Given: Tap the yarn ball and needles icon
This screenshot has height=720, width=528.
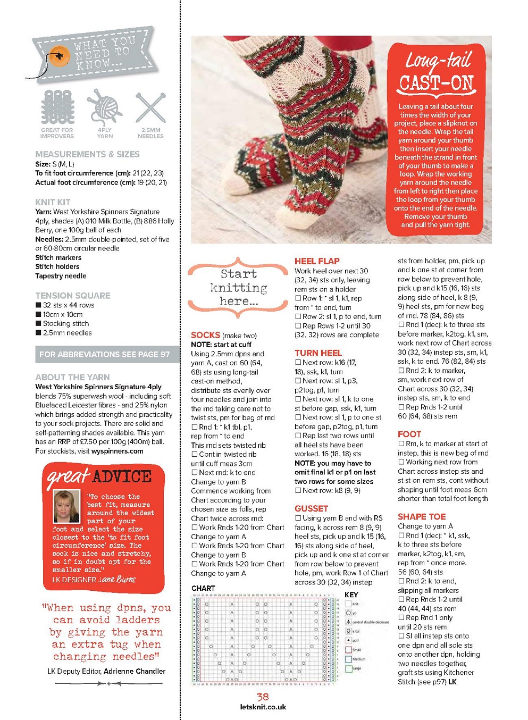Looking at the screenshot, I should click(x=104, y=107).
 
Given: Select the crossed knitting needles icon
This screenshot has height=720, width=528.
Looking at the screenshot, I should click(x=150, y=108).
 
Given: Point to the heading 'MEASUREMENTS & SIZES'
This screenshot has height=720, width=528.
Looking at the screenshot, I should click(x=87, y=154).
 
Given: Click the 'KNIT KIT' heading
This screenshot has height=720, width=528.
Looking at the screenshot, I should click(x=53, y=202).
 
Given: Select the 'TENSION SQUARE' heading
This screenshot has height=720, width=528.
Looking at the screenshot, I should click(x=73, y=296).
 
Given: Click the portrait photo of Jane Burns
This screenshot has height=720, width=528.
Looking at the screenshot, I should click(x=67, y=506).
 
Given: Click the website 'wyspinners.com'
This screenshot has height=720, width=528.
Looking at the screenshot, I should click(x=117, y=451).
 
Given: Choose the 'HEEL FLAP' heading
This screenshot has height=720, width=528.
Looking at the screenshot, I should click(x=317, y=261).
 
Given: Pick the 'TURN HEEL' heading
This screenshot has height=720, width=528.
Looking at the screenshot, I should click(x=318, y=353).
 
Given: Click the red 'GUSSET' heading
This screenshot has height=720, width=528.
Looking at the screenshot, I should click(x=311, y=509).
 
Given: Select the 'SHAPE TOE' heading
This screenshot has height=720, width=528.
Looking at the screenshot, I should click(x=422, y=517).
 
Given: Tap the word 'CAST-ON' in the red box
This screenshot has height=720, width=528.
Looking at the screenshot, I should click(x=436, y=83).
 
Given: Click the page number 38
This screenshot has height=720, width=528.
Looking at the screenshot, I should click(x=263, y=697).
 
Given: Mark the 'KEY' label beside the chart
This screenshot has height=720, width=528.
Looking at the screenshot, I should click(x=351, y=595).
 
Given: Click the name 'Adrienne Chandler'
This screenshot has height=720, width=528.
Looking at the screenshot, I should click(x=135, y=672).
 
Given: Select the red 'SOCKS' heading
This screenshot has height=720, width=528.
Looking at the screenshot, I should click(x=205, y=335).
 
